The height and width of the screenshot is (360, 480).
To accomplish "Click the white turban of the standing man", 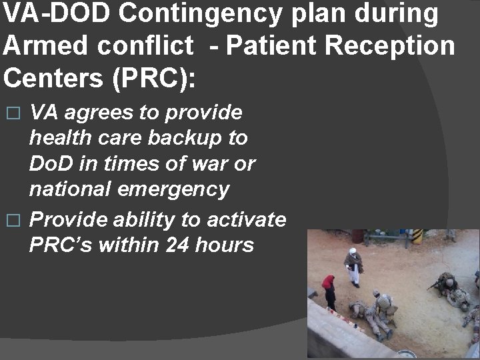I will click(x=353, y=251).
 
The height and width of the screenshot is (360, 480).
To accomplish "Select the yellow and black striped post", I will click(x=418, y=236).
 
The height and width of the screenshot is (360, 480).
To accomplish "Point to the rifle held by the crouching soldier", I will click(x=434, y=285).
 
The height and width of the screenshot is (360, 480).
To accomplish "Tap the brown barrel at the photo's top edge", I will click(x=358, y=235).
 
